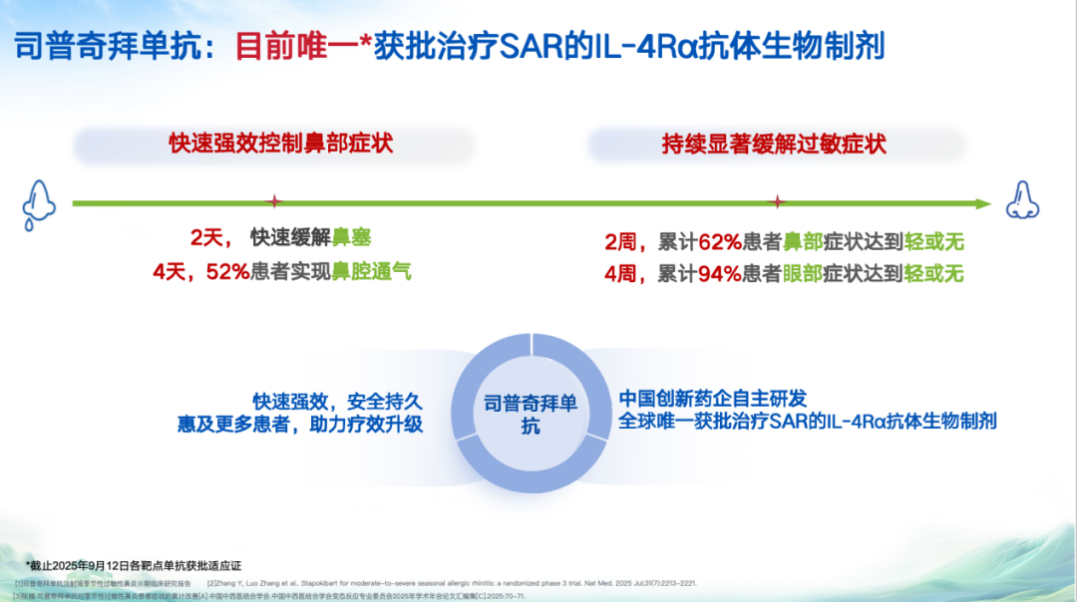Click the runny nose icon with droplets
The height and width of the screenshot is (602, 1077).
coord(38,202)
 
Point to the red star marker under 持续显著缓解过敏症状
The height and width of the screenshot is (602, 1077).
coord(779,203)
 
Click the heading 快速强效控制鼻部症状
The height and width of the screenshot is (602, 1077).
coord(281,144)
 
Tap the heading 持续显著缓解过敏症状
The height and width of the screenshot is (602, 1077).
coord(774,145)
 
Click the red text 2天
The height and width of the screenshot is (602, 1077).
coord(209,239)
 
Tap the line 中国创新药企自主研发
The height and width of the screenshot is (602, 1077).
coord(713,397)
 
